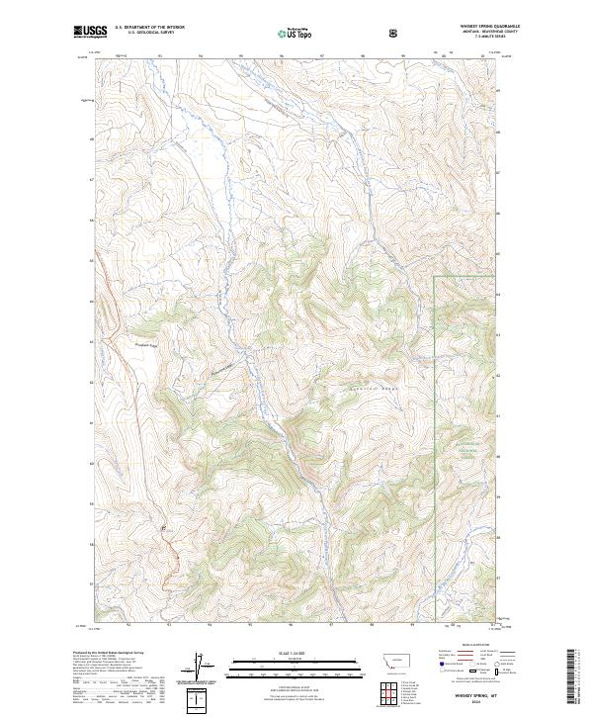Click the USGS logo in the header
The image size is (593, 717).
(90, 32)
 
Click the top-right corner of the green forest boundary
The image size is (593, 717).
(436, 276)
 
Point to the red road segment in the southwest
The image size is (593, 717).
(170, 554)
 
